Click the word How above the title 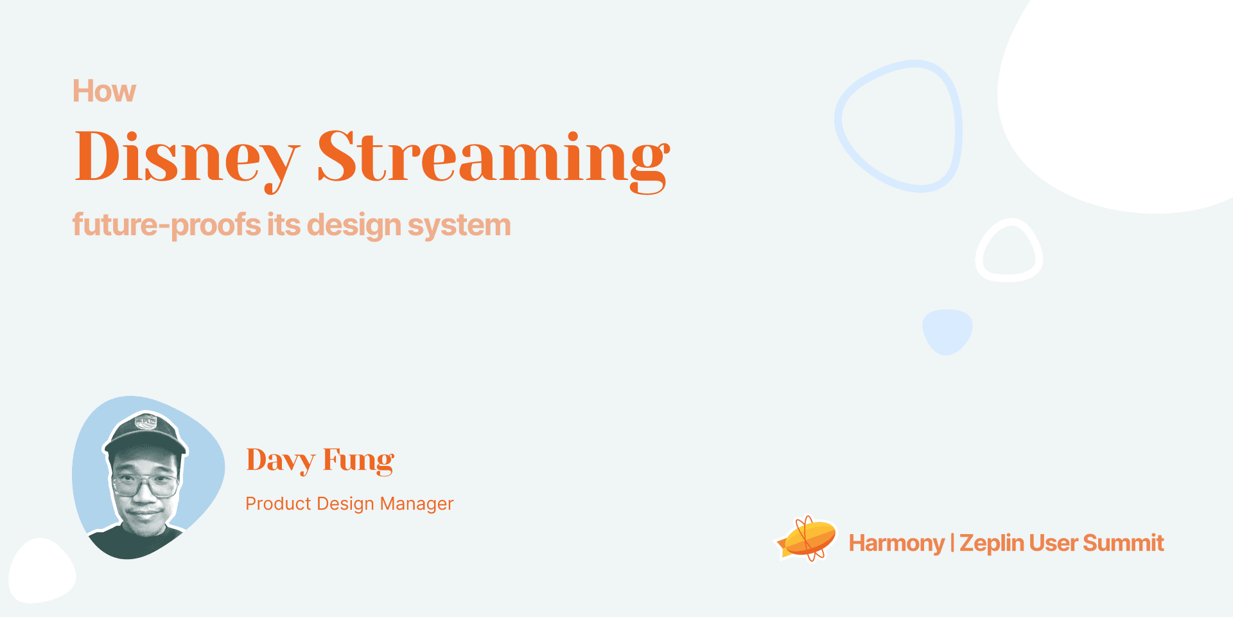104,91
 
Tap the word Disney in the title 188,158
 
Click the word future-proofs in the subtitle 166,225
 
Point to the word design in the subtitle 354,226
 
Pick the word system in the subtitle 459,226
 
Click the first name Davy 281,461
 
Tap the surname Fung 358,461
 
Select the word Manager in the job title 417,504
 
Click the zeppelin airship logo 807,538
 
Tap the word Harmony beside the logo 896,544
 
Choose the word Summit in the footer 1123,543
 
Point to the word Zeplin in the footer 992,544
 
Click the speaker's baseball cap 144,432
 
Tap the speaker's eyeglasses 145,485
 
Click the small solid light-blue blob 947,332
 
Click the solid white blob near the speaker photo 42,571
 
